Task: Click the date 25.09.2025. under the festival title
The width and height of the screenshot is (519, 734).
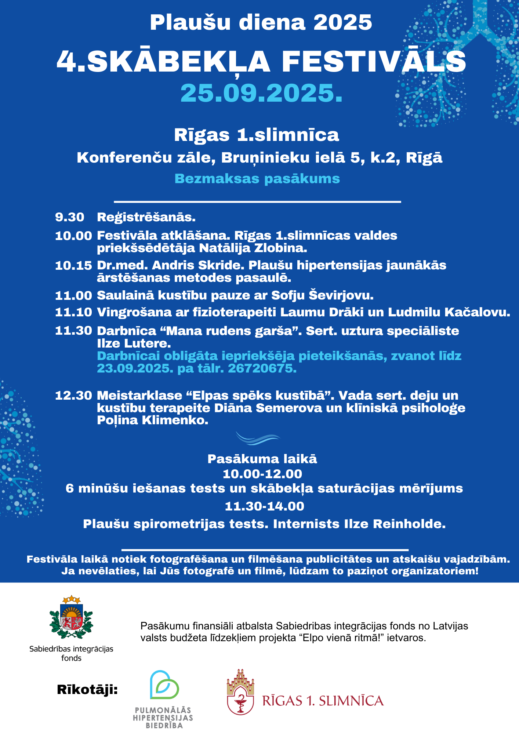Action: [x=261, y=93]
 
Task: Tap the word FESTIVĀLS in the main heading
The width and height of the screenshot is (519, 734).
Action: [x=374, y=62]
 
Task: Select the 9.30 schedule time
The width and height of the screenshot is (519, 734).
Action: [x=70, y=217]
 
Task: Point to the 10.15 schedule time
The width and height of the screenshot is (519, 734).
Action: [x=73, y=265]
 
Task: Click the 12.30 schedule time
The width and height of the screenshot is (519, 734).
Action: [x=73, y=396]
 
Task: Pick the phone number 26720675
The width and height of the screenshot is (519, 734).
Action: [x=262, y=368]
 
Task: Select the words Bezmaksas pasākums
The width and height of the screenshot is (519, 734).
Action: [x=257, y=179]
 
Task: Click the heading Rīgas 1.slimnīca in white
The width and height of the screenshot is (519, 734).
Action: [x=257, y=135]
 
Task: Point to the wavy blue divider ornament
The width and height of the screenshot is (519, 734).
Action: [x=258, y=438]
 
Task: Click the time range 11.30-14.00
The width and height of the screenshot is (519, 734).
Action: [x=264, y=506]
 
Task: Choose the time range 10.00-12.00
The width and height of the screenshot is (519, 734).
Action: [x=262, y=474]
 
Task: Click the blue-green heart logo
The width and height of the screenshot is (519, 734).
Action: [x=164, y=685]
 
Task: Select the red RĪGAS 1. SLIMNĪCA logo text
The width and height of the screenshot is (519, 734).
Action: [x=323, y=701]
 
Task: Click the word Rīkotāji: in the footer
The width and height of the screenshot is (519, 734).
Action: [x=87, y=690]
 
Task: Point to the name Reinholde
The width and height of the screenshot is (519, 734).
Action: [x=409, y=524]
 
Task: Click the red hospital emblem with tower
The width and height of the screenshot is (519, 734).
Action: [x=240, y=692]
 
